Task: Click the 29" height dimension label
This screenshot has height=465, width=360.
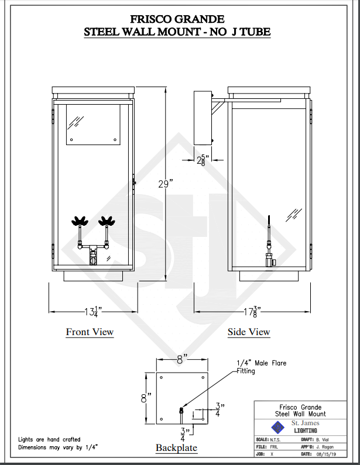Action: (x=166, y=184)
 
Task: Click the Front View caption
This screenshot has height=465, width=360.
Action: (x=90, y=332)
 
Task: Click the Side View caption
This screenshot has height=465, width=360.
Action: (x=249, y=332)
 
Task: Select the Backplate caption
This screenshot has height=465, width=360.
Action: (x=176, y=448)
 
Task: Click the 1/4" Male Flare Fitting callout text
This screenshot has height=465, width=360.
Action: (x=261, y=367)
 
